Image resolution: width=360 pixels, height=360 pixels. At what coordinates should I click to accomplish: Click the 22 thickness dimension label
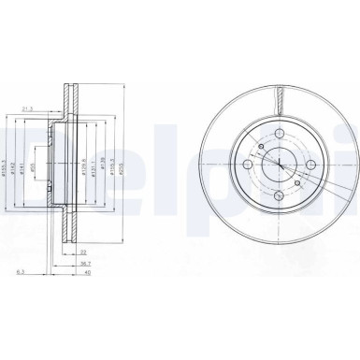click(84, 253)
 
